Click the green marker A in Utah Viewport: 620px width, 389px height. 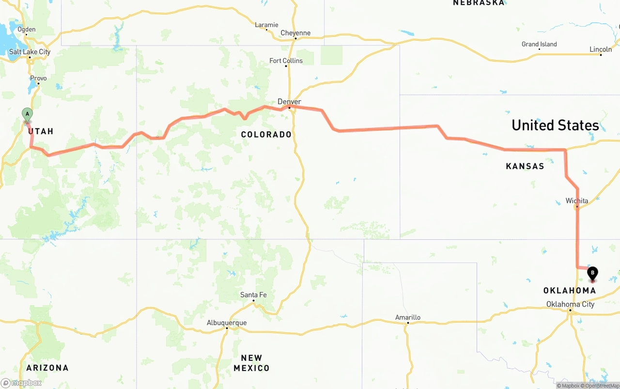28,115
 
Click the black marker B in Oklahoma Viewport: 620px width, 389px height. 592,273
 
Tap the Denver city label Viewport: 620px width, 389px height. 289,102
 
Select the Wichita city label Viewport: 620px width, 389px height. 577,201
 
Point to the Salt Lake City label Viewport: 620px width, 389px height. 30,52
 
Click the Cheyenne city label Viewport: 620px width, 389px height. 295,33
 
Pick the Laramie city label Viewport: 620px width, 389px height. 266,25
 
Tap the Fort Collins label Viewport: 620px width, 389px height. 286,61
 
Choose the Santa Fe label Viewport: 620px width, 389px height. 253,295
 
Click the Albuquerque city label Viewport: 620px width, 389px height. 227,323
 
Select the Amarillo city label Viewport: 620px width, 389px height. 407,317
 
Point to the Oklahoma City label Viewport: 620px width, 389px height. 570,304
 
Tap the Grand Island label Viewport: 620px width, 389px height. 539,44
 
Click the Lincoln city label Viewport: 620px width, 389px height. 601,49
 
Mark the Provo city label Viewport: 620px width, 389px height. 38,78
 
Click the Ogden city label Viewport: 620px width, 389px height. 27,30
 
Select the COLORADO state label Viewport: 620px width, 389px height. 266,134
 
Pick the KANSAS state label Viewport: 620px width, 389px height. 525,166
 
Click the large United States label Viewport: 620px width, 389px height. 555,125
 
